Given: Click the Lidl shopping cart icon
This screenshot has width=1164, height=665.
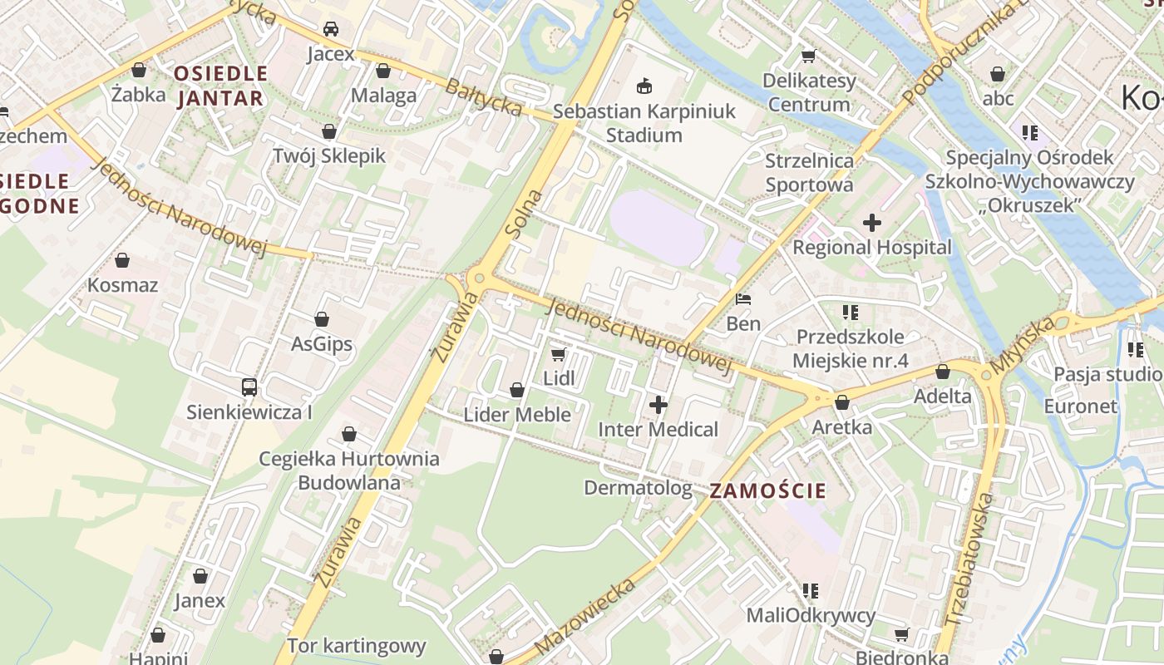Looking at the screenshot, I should point(558,355).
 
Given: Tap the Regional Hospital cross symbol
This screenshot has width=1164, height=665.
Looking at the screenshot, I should point(871,223).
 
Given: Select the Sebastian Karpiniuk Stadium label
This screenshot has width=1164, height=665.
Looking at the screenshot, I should point(644,123).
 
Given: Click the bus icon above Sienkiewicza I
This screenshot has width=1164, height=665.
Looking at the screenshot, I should point(249,387).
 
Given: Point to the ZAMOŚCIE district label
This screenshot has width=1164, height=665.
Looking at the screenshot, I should point(768,490).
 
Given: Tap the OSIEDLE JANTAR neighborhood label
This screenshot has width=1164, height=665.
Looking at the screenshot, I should point(220,86).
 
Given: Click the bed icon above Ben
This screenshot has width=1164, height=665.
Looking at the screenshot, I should point(743,299).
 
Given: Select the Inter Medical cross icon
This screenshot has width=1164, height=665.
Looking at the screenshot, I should point(658,406).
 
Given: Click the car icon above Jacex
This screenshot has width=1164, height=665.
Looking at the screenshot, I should point(331,30).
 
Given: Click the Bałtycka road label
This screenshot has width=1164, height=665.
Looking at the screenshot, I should point(483,97).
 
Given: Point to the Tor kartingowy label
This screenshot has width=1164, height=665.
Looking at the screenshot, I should point(356,646).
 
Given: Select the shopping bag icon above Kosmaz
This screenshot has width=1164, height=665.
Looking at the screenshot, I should point(122,260).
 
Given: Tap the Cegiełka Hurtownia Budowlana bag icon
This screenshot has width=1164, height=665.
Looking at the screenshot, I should point(349,434).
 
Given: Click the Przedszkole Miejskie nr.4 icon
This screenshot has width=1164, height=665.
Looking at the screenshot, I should point(850,313).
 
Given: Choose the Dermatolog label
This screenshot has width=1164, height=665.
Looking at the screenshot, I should point(638,488).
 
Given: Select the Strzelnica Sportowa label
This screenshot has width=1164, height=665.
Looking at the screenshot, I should point(809,172).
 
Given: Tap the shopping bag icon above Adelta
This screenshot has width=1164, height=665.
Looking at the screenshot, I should point(943,372).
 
